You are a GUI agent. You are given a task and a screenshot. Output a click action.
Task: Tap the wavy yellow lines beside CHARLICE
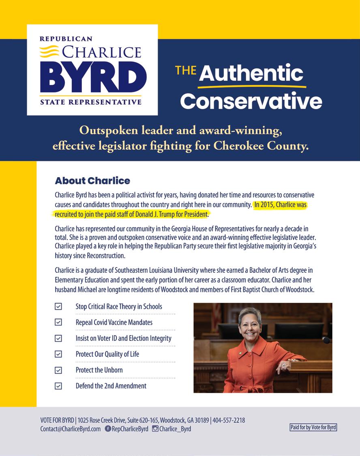[x=49, y=52]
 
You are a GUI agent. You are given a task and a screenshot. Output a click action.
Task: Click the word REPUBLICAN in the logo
[x=66, y=39]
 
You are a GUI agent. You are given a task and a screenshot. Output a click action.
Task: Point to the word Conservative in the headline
[x=251, y=101]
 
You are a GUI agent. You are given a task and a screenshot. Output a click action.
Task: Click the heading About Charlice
[x=92, y=180]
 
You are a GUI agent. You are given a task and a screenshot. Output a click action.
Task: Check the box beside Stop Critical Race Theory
[x=58, y=306]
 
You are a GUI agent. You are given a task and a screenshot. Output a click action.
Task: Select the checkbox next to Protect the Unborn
[x=58, y=370]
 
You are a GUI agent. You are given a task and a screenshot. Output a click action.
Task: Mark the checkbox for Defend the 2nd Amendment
[x=58, y=386]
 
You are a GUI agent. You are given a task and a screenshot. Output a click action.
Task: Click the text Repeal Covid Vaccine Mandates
[x=114, y=323]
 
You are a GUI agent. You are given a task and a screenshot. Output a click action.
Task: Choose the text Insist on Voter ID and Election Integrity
[x=123, y=338]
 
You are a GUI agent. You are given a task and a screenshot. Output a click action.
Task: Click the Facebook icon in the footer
[x=108, y=429]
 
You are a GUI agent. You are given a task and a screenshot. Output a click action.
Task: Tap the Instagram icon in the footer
[x=155, y=429]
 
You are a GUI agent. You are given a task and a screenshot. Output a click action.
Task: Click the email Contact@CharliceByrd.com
[x=71, y=429]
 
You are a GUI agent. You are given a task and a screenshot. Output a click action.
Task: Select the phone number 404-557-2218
[x=229, y=420]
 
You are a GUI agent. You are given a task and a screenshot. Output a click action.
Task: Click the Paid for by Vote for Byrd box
[x=313, y=427]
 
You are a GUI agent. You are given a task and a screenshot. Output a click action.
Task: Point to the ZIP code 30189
[x=201, y=420]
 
